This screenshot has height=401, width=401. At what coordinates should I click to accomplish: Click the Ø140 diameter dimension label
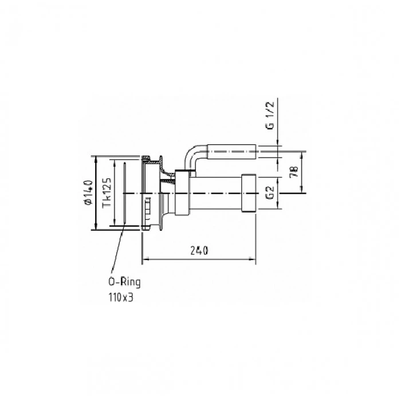[x=88, y=192]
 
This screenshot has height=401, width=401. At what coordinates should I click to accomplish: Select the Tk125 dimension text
[x=107, y=192]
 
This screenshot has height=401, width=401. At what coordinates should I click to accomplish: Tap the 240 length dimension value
[x=199, y=251]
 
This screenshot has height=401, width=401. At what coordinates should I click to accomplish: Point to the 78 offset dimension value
[x=294, y=172]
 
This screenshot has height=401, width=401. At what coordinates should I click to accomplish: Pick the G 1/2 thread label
[x=270, y=115]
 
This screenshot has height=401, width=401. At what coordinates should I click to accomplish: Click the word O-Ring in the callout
[x=124, y=282]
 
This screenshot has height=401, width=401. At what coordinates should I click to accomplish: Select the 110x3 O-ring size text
[x=121, y=297]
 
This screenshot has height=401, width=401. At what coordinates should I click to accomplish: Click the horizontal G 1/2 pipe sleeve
[x=231, y=152]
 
